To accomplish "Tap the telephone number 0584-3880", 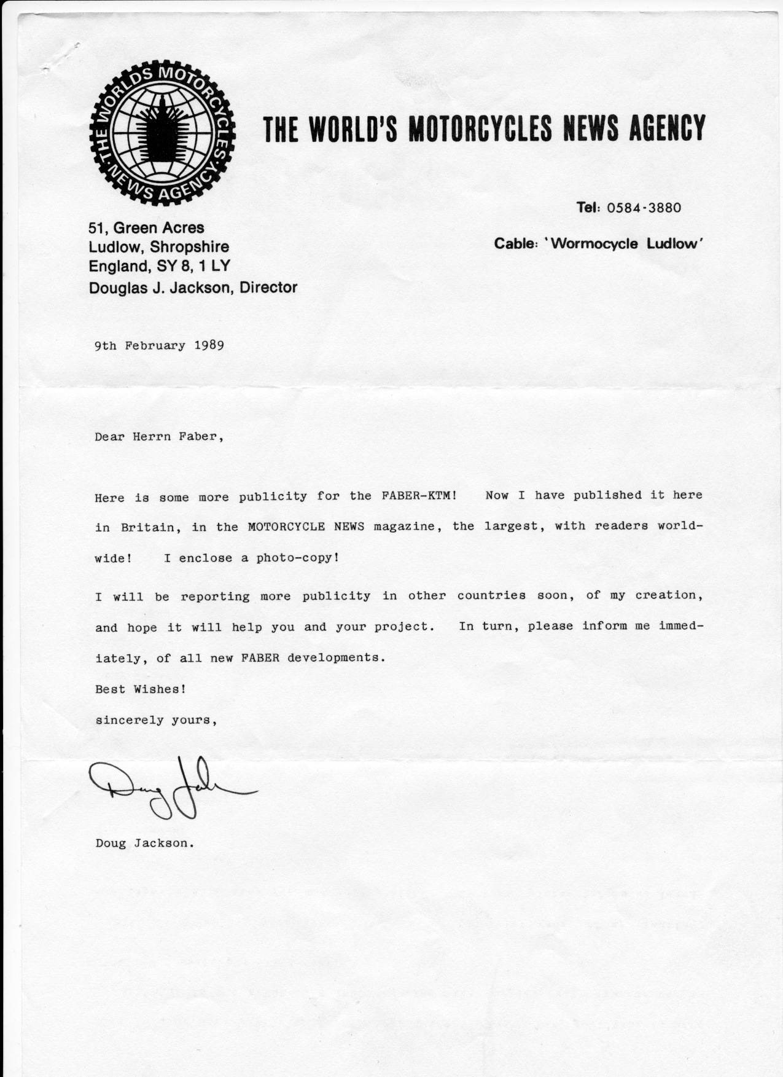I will tap(644, 207).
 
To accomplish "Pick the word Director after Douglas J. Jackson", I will tap(268, 287).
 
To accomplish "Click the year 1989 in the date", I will tap(209, 345).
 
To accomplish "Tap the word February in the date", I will tap(155, 345).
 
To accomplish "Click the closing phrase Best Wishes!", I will tap(141, 689).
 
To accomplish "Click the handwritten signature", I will tap(166, 788).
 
